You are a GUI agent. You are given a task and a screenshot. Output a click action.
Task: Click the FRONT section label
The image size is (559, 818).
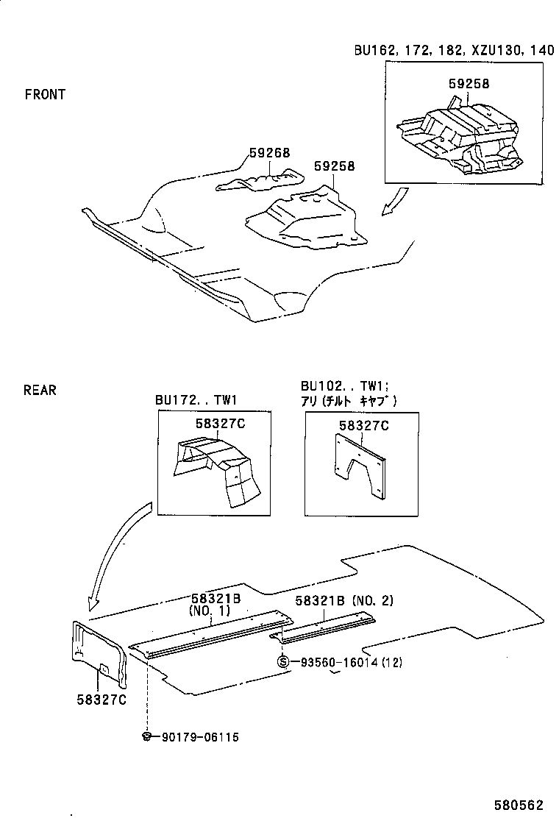click(45, 94)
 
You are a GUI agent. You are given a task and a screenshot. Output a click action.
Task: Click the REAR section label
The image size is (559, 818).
click(40, 390)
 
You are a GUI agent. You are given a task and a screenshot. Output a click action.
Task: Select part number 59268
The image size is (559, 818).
click(269, 153)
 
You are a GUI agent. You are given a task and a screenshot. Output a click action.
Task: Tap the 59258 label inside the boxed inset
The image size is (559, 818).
click(469, 85)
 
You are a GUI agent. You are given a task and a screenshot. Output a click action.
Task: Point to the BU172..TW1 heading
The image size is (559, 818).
click(196, 401)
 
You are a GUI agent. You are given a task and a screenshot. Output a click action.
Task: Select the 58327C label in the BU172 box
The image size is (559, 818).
click(220, 424)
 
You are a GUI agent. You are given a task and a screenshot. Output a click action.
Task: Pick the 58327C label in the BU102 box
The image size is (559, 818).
click(364, 424)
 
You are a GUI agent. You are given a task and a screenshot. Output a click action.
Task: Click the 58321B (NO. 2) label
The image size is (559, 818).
click(344, 601)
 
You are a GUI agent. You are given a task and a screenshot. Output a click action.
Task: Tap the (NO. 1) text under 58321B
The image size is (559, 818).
click(211, 611)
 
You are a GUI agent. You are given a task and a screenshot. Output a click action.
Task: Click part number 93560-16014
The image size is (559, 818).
click(341, 662)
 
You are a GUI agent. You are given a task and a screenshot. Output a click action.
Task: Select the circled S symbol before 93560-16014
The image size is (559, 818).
click(282, 662)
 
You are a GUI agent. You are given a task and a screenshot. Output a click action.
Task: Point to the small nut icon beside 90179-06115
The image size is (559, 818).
click(147, 736)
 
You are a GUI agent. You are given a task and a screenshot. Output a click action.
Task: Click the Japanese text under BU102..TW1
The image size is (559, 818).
click(349, 401)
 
